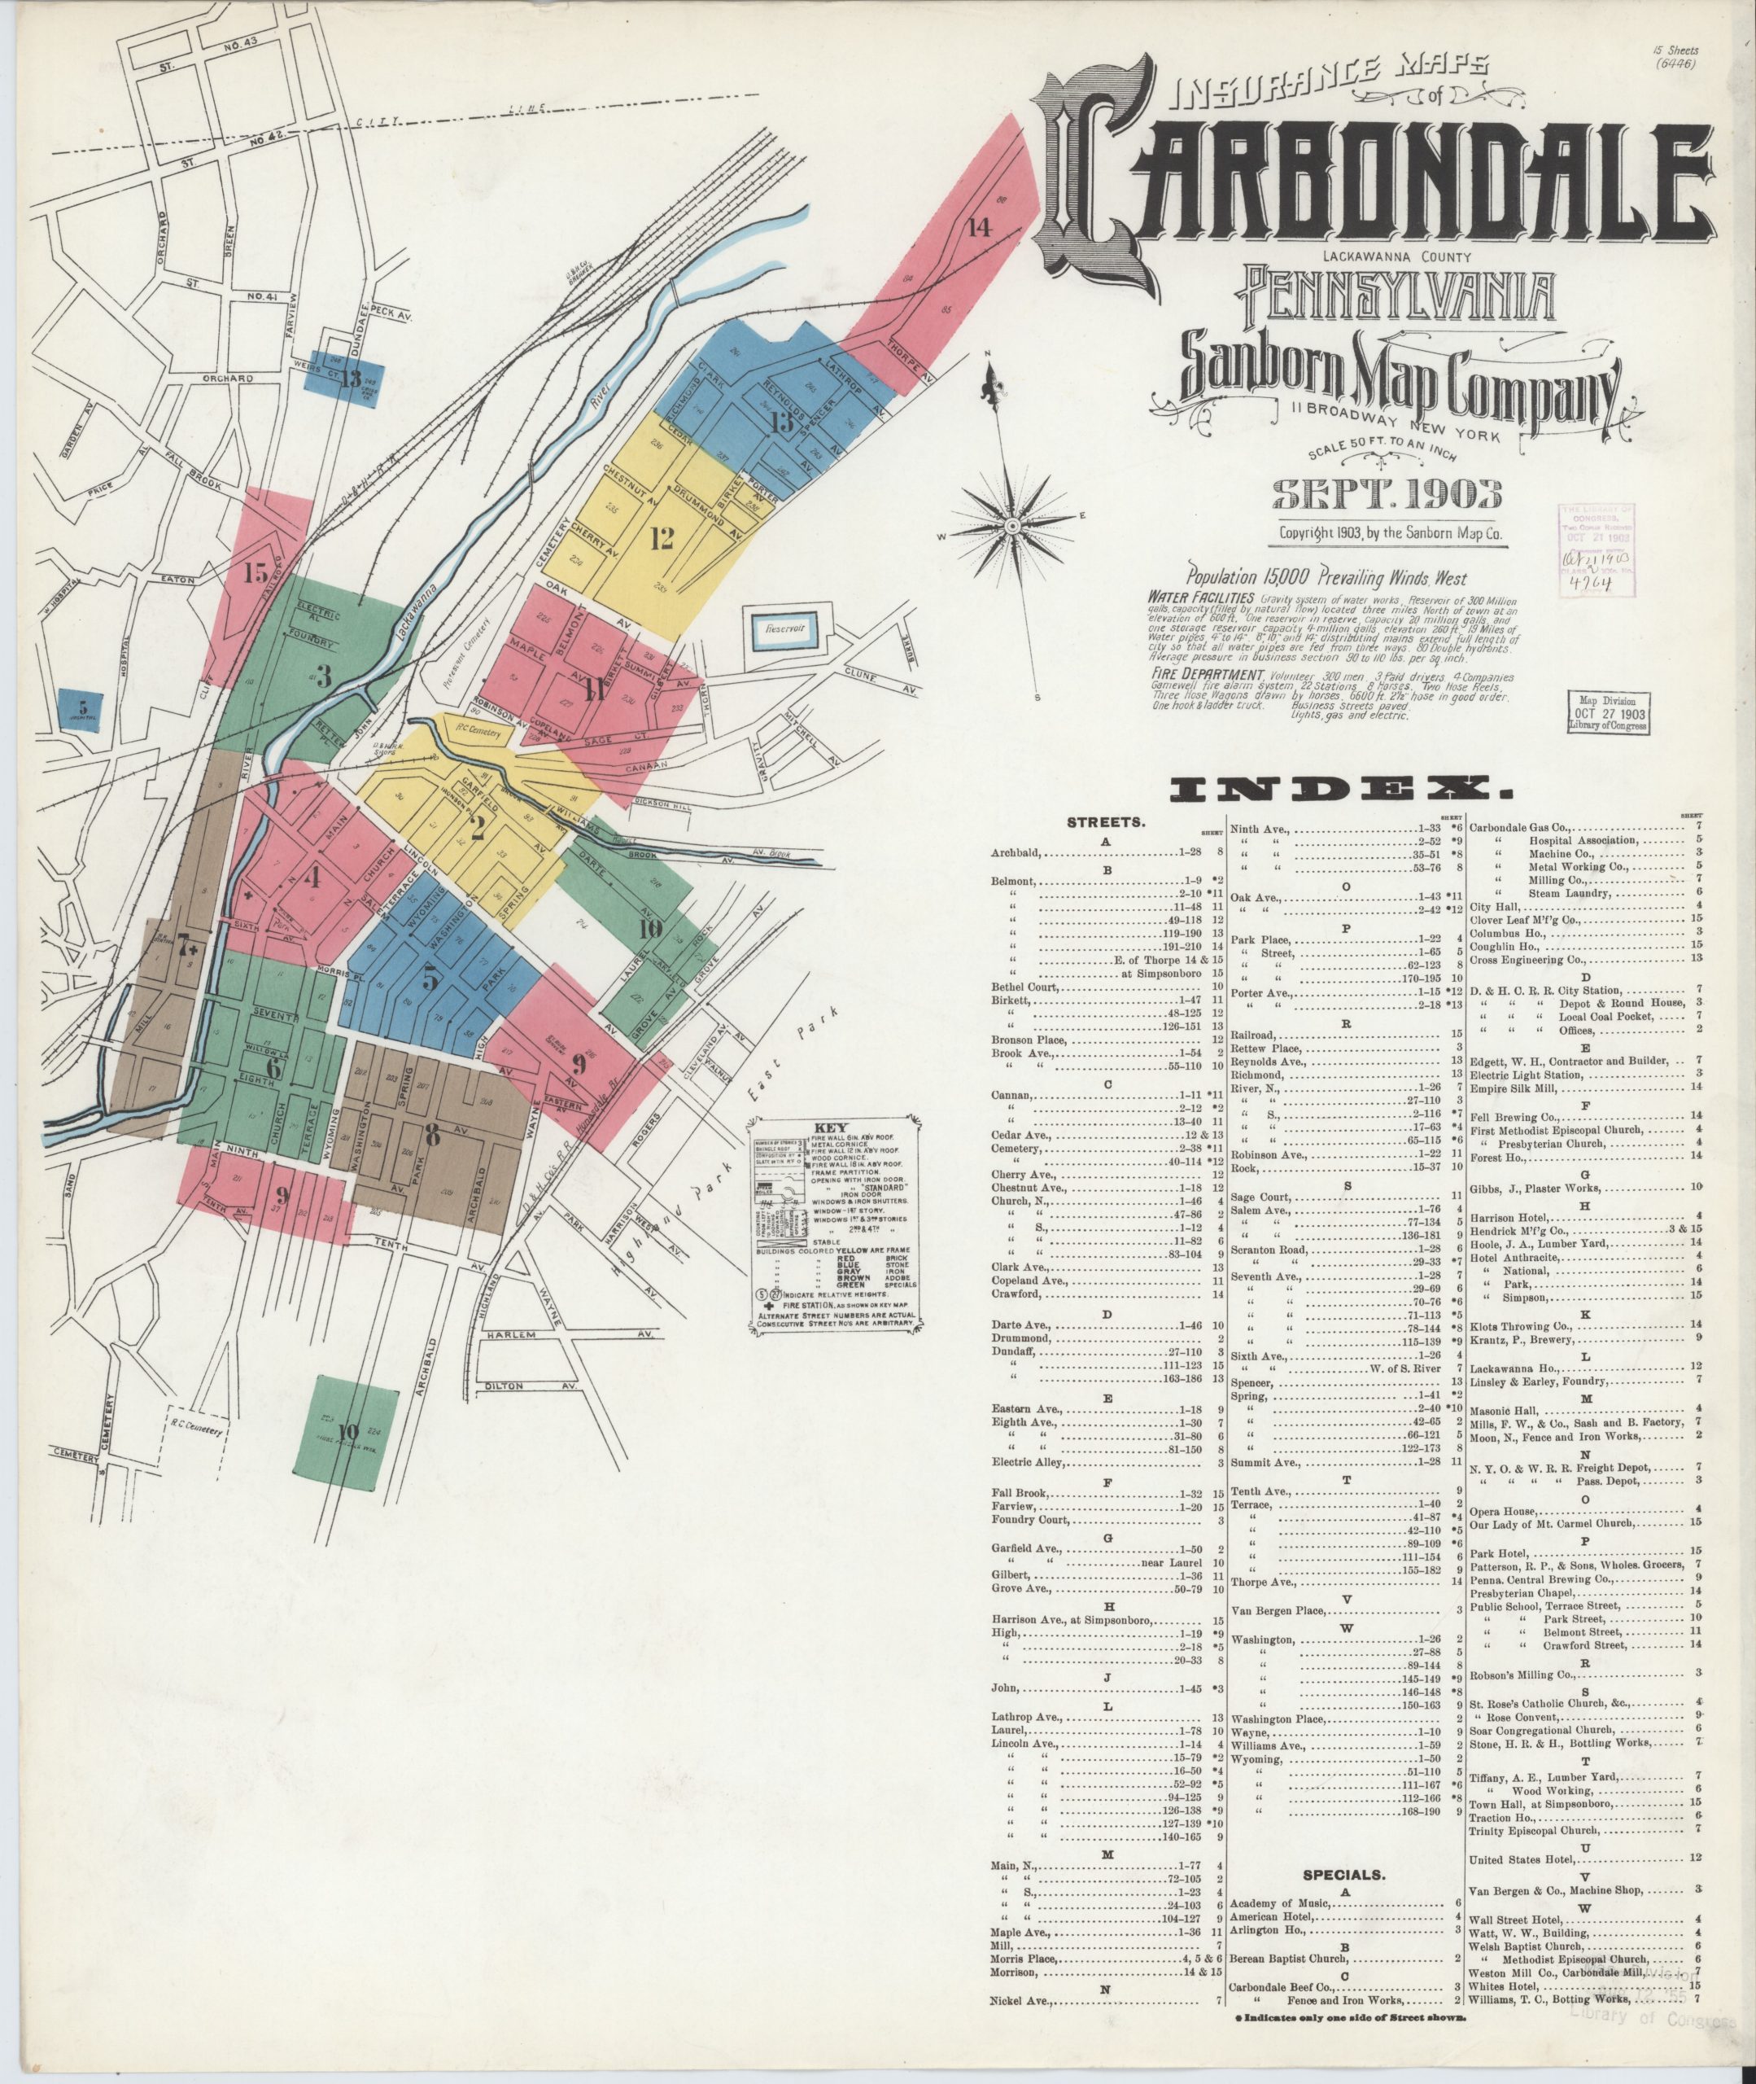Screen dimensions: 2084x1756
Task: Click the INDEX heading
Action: click(x=1333, y=790)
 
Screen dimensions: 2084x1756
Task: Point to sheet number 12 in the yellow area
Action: click(x=661, y=539)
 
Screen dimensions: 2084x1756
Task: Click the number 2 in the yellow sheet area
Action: click(x=478, y=829)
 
